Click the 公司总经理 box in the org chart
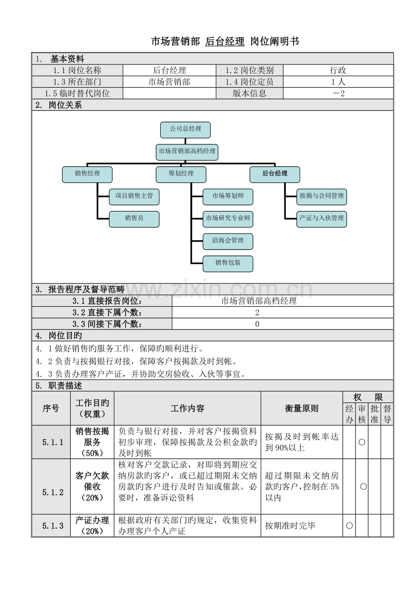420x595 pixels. pos(185,130)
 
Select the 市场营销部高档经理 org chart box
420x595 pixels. pos(187,152)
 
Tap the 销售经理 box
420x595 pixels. pos(87,174)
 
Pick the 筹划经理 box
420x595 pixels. pos(181,174)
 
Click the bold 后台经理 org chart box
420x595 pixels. pos(275,174)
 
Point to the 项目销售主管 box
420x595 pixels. pos(134,197)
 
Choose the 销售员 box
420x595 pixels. pos(134,219)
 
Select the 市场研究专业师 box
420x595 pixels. pos(228,219)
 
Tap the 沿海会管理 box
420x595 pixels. pos(228,241)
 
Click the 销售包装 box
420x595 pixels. pos(228,263)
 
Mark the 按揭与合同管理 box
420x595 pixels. pos(322,197)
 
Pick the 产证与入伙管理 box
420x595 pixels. pos(322,219)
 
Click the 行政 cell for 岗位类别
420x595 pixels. pos(338,70)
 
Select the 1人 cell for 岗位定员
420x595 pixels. pos(338,82)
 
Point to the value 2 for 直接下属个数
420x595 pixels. pos(257,313)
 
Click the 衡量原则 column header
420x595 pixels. pos(302,409)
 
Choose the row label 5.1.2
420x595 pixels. pos(53,492)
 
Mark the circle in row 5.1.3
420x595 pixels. pos(349,526)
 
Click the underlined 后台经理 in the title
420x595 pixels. pos(225,42)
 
